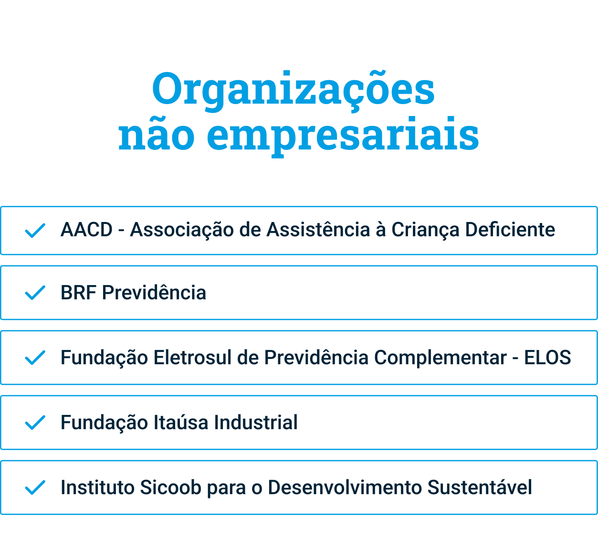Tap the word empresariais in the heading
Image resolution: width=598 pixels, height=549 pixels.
coord(343,137)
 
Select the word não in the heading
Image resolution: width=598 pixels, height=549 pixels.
coord(157,134)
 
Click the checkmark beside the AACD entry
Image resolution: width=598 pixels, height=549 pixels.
coord(35,231)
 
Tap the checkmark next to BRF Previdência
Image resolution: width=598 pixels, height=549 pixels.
coord(35,293)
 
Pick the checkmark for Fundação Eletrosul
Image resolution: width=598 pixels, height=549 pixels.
coord(35,358)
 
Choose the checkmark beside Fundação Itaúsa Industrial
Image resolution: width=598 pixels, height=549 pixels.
coord(35,422)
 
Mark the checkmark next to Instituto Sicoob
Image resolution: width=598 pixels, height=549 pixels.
coord(35,487)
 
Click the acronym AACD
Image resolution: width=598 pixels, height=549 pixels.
coord(86,230)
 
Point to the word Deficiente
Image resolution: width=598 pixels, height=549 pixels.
coord(510,230)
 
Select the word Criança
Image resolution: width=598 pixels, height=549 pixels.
coord(425,231)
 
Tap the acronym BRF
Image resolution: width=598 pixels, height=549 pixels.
coord(78,293)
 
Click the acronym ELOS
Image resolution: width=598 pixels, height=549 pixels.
coord(547,357)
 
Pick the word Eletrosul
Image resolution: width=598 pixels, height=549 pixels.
coord(193,357)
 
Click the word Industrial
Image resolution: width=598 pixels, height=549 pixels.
coord(256,422)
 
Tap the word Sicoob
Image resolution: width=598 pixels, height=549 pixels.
coord(171,487)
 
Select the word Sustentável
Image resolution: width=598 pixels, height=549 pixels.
coord(480,487)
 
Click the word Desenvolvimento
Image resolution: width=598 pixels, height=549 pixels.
coord(345,487)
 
